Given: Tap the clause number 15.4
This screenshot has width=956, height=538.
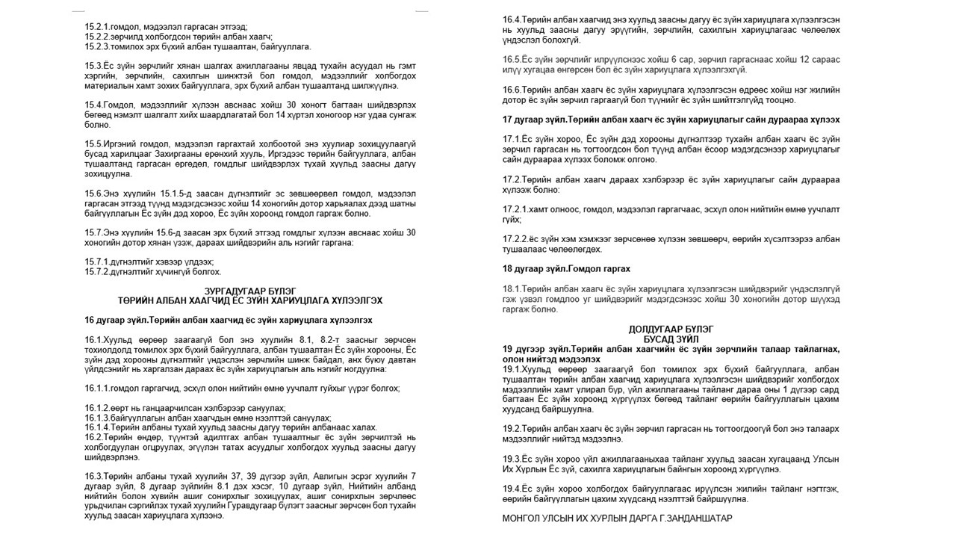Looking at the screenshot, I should [93, 105].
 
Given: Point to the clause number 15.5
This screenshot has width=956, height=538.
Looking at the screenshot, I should [93, 143].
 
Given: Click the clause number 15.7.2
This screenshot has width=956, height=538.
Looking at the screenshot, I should [98, 272].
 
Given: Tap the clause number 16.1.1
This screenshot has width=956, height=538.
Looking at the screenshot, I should [98, 388].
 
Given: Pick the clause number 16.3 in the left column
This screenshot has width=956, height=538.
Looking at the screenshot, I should [93, 476].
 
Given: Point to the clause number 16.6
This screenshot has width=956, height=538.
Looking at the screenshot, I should [511, 89].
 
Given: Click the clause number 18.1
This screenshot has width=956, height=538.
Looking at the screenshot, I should [511, 288].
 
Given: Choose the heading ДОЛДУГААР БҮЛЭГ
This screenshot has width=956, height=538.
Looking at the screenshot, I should [670, 328].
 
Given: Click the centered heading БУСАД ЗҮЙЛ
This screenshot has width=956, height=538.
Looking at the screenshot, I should [670, 338].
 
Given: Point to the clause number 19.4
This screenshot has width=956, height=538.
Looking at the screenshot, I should [511, 488].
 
